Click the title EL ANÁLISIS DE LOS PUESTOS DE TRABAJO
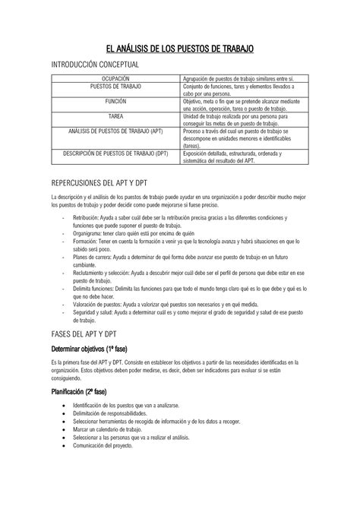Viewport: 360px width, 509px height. [x=179, y=49]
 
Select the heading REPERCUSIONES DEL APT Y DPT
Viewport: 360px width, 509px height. [x=99, y=184]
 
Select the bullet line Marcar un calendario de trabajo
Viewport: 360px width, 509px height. [x=120, y=429]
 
